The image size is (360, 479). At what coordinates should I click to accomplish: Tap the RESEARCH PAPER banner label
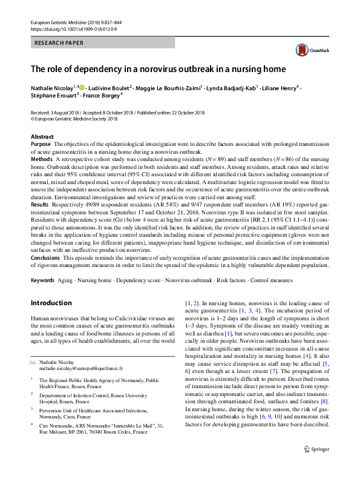click(59, 43)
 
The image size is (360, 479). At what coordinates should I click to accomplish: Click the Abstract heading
click(42, 137)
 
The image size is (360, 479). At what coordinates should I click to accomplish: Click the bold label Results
click(41, 205)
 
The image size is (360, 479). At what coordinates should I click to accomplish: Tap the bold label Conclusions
click(45, 258)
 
